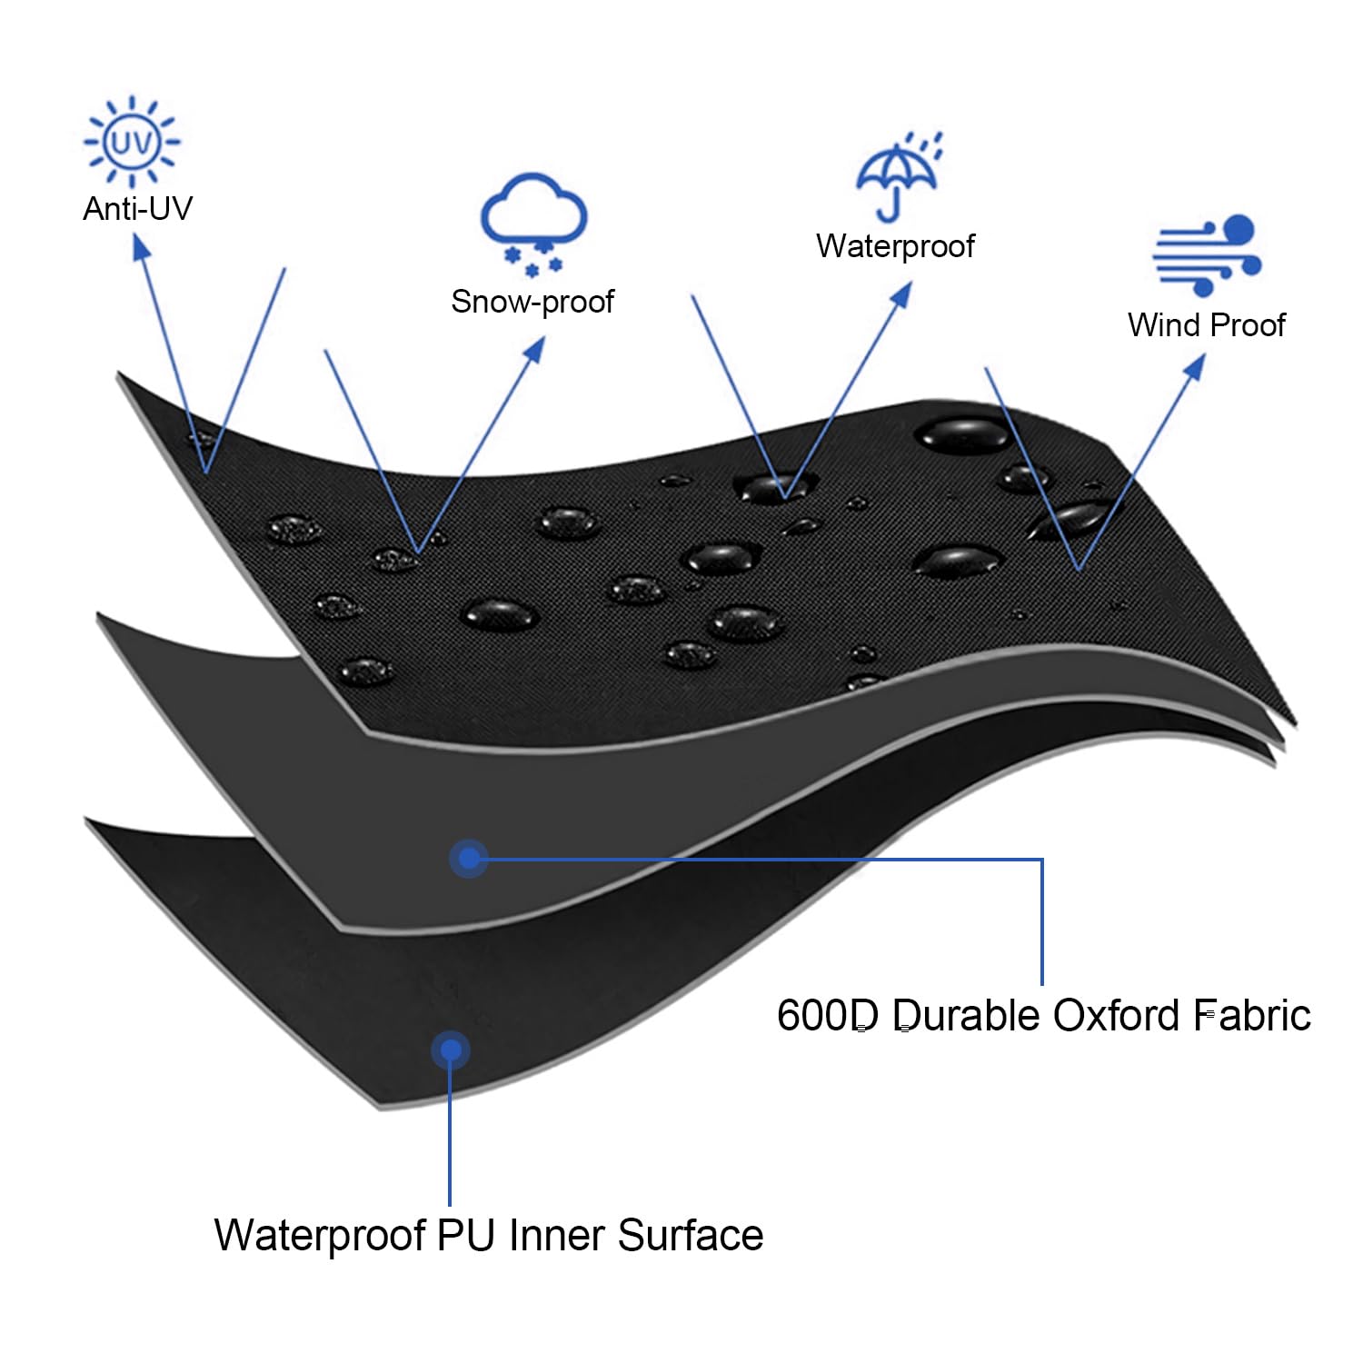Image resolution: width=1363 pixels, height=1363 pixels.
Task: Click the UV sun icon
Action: (132, 142)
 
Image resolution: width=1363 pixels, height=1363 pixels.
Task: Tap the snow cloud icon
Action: (534, 223)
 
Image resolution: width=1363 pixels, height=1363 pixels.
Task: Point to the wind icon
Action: (1207, 255)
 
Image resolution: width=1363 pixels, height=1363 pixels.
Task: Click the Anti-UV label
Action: (137, 209)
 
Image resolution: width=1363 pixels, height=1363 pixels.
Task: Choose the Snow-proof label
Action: (532, 302)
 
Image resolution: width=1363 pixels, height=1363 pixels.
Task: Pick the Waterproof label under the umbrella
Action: (895, 246)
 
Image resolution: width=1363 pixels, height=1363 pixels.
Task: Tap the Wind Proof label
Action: (1206, 324)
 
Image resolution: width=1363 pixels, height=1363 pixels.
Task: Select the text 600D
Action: (827, 1015)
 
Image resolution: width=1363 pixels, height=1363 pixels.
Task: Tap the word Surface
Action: (691, 1235)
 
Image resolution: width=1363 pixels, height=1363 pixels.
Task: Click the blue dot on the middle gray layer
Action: (469, 858)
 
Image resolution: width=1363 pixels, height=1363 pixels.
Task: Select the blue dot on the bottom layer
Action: (450, 1050)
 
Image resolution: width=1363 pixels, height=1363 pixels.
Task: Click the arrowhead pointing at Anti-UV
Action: (141, 246)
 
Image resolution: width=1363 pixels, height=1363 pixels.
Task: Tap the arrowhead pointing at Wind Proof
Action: (1195, 366)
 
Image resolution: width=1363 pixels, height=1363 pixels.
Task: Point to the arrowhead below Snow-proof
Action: (535, 350)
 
